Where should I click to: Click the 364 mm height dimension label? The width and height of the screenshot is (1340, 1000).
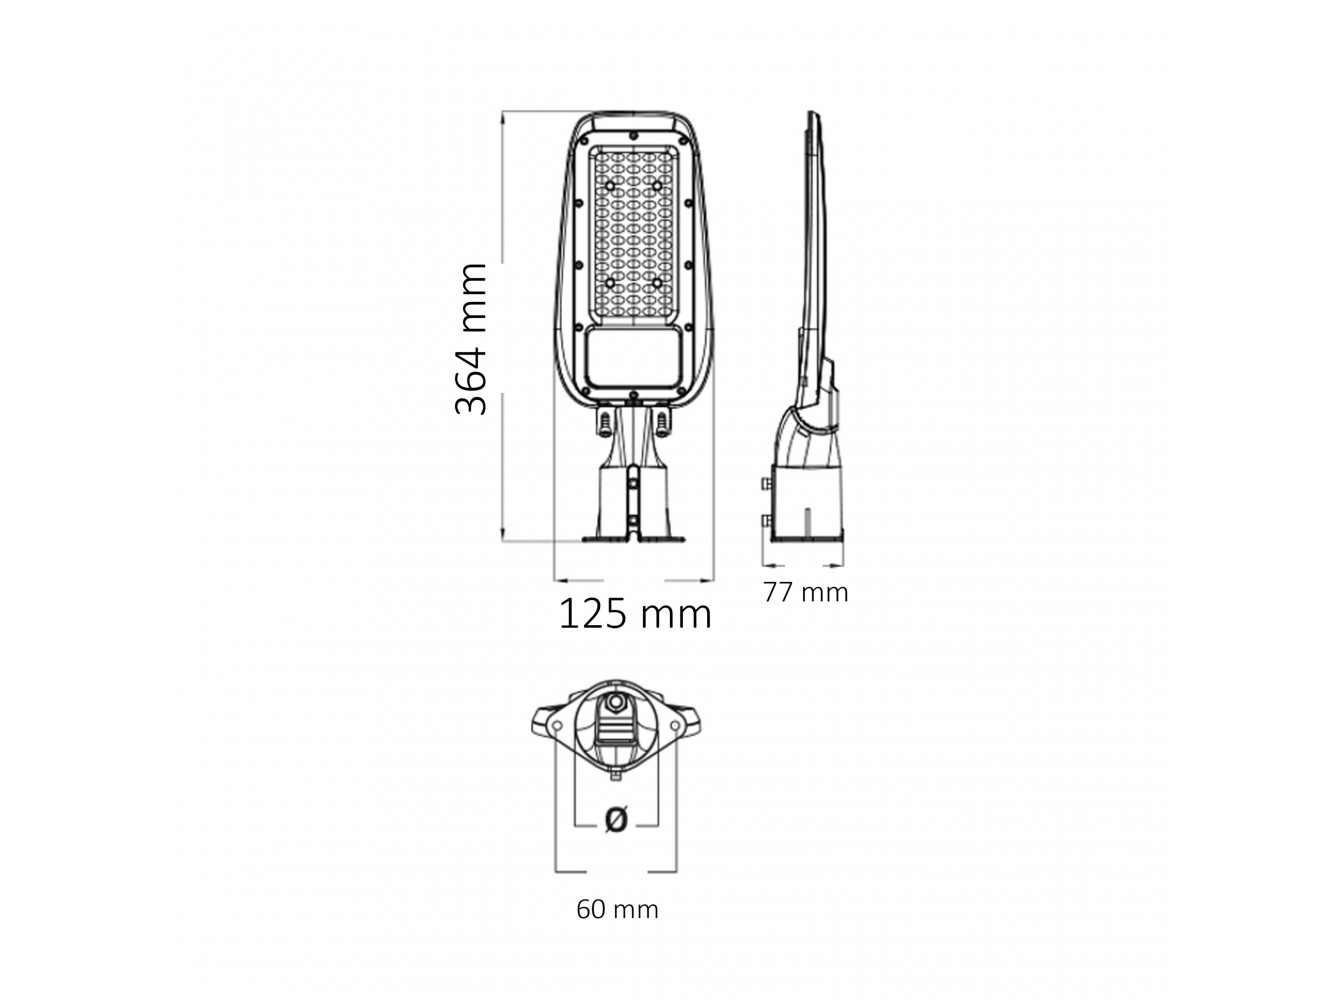[x=471, y=339]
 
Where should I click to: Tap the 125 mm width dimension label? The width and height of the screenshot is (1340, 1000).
[x=635, y=614]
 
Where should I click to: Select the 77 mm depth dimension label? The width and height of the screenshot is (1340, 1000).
[x=805, y=593]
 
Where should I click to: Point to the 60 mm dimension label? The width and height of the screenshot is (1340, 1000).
[x=617, y=910]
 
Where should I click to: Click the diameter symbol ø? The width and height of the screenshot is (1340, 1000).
[x=616, y=819]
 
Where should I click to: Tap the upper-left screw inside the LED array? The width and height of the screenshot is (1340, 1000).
[x=610, y=185]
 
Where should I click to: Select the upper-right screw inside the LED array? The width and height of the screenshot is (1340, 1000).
[x=657, y=185]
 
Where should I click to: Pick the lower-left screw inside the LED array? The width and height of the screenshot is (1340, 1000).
[x=610, y=283]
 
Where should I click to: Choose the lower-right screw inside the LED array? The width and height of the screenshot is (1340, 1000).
[x=657, y=283]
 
